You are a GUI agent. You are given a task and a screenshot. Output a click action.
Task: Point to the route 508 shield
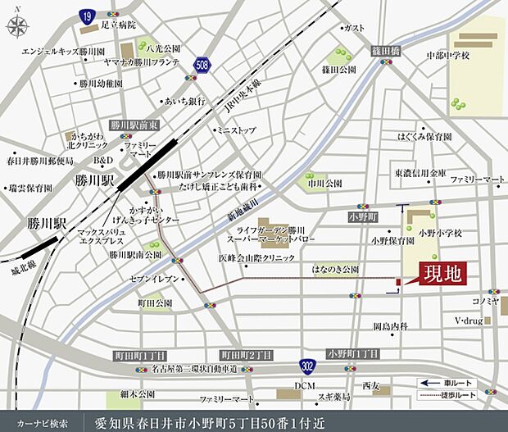[202, 63]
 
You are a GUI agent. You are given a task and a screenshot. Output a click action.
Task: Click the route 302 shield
[307, 366]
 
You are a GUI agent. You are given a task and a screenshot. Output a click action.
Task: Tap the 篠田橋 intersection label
[383, 50]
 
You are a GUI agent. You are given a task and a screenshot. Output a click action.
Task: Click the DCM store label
[305, 386]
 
